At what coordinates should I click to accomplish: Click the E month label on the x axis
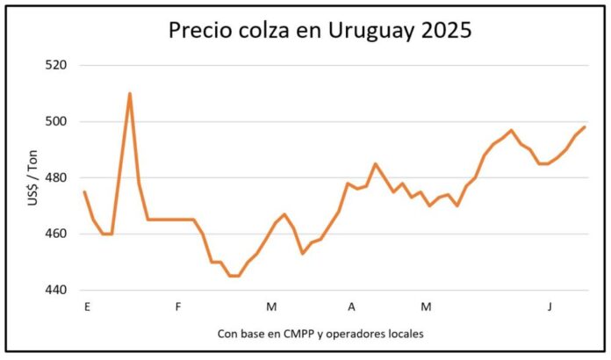(x=86, y=306)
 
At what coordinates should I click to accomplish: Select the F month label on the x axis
(x=178, y=306)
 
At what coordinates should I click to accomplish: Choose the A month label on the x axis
(x=351, y=306)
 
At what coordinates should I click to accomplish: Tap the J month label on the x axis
(x=550, y=306)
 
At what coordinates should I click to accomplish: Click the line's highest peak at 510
(x=130, y=93)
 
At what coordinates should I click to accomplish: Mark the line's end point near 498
(x=585, y=127)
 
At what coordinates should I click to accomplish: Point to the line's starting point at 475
(x=84, y=191)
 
